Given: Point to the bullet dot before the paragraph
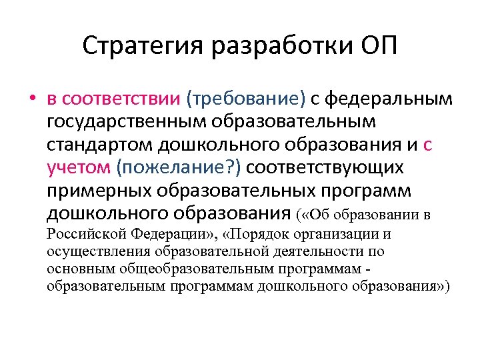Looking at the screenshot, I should click(x=32, y=100).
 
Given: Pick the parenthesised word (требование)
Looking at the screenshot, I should click(x=246, y=99).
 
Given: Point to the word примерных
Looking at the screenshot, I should click(x=100, y=191).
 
